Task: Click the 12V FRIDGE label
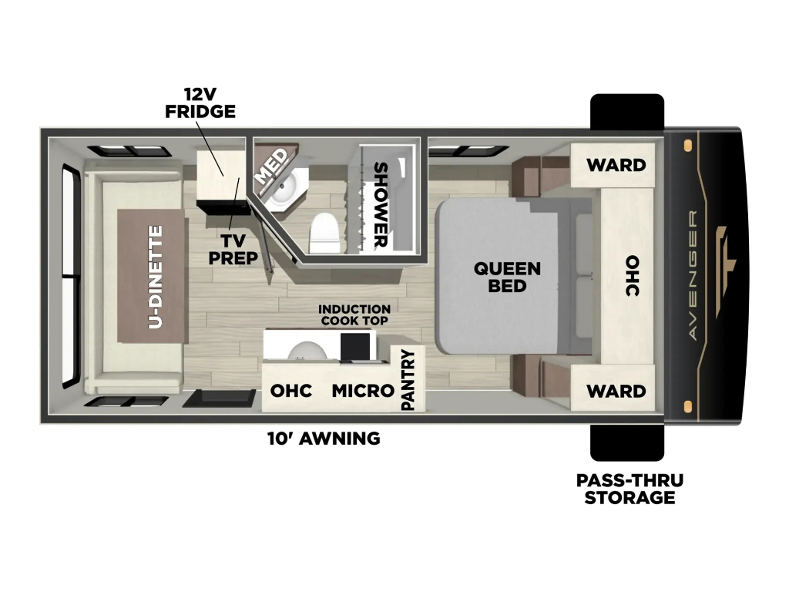(x=200, y=103)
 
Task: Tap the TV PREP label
(x=233, y=249)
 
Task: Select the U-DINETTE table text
(x=156, y=277)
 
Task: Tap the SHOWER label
(x=381, y=205)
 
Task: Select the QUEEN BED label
(x=507, y=277)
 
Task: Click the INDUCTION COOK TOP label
(x=354, y=315)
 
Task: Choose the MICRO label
(x=363, y=391)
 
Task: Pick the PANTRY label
(x=408, y=379)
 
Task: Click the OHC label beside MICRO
(x=291, y=391)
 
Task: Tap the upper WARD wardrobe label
(x=616, y=165)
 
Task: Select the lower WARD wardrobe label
(x=616, y=391)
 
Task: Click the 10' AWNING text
(x=324, y=439)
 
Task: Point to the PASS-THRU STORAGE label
(x=630, y=489)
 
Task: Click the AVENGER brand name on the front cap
(x=693, y=275)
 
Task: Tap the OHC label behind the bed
(x=632, y=275)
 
